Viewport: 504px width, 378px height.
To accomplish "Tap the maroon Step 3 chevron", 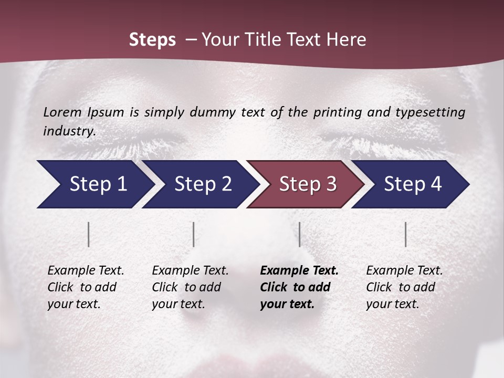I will pos(308,184).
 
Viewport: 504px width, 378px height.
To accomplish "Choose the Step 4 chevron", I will pos(413,184).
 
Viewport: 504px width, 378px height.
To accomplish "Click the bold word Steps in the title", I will pos(152,40).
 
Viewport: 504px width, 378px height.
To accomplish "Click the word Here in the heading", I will pos(346,40).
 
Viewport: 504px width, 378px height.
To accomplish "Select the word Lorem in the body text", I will pos(62,112).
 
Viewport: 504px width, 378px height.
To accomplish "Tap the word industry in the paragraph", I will pos(69,131).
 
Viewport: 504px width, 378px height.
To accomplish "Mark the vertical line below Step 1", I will pos(89,234).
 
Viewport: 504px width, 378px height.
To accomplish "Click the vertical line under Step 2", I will pos(194,234).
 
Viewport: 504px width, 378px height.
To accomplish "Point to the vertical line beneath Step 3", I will pos(299,234).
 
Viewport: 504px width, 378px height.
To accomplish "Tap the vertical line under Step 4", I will pos(405,234).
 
